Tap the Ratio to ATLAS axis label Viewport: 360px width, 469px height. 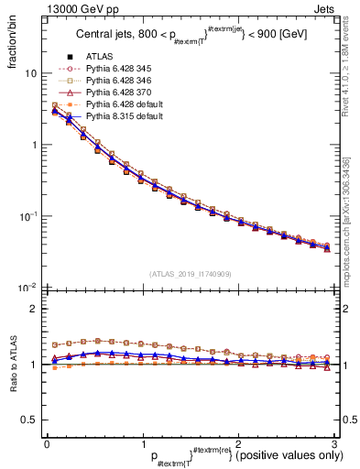pyautogui.click(x=11, y=366)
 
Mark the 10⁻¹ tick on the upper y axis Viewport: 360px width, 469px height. pyautogui.click(x=29, y=217)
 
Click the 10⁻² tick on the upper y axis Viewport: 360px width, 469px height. pyautogui.click(x=29, y=289)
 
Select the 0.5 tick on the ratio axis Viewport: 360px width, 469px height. pyautogui.click(x=30, y=420)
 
